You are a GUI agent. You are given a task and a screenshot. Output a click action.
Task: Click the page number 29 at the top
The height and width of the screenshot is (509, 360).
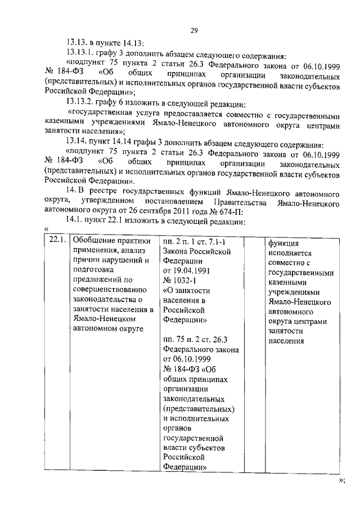pyautogui.click(x=193, y=30)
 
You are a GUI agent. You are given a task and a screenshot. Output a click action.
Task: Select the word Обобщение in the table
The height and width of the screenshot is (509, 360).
pyautogui.click(x=94, y=241)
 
